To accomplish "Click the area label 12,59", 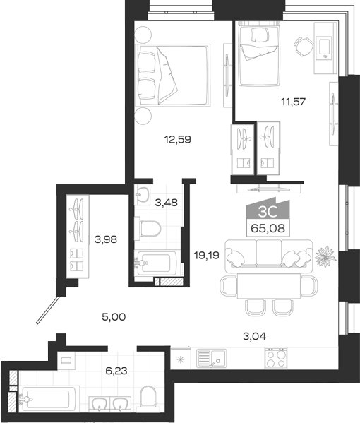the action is click(177, 140).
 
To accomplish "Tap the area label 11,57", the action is click(293, 102).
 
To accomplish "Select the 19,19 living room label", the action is click(207, 255).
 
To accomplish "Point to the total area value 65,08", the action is click(268, 229).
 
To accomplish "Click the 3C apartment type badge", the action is click(268, 212).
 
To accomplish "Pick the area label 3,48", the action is click(167, 203).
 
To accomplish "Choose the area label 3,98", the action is click(106, 239).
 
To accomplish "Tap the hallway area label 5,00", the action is click(114, 316).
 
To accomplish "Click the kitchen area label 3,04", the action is click(255, 336).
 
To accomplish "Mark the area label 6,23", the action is click(116, 371).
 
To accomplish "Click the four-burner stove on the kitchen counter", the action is click(276, 358).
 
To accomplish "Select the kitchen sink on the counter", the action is click(212, 358).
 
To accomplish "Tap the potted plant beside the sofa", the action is click(325, 256).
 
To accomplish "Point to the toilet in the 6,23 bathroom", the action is click(148, 397).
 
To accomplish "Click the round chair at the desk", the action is click(304, 47).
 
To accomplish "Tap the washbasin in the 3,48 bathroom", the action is click(142, 193).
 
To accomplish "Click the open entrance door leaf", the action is click(48, 310).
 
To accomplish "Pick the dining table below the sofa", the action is click(269, 286).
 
